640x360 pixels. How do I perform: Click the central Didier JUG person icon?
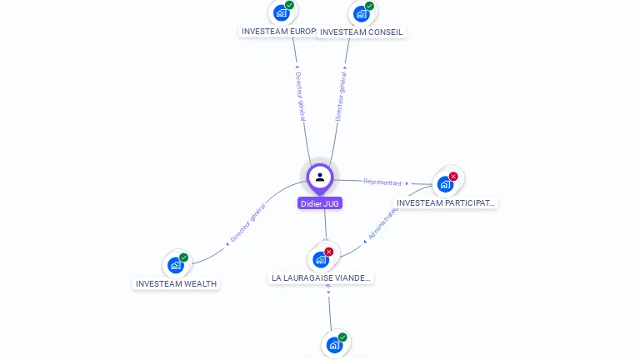(320, 177)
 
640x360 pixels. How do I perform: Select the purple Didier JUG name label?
(320, 203)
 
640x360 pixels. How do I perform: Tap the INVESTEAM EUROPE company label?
(278, 32)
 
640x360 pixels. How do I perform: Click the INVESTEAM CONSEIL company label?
(362, 32)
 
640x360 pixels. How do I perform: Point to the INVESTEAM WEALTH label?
(176, 283)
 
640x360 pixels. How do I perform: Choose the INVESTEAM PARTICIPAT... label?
(446, 202)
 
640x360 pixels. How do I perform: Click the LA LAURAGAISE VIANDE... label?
(322, 277)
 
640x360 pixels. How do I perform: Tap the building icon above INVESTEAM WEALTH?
(175, 265)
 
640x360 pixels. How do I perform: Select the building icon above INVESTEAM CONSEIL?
(361, 13)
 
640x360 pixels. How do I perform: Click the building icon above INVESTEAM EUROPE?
(281, 12)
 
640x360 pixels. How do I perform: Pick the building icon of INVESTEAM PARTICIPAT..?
(445, 184)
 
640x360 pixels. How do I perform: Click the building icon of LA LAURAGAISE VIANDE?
(321, 260)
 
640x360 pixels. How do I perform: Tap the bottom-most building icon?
(333, 345)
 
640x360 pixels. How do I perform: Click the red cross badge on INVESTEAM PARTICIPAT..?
(453, 176)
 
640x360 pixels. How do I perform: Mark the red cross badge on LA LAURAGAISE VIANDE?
(329, 252)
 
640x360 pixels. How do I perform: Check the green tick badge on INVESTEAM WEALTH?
(183, 257)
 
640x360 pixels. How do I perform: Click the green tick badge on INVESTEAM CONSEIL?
(369, 6)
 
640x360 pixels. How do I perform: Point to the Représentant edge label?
(382, 182)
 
